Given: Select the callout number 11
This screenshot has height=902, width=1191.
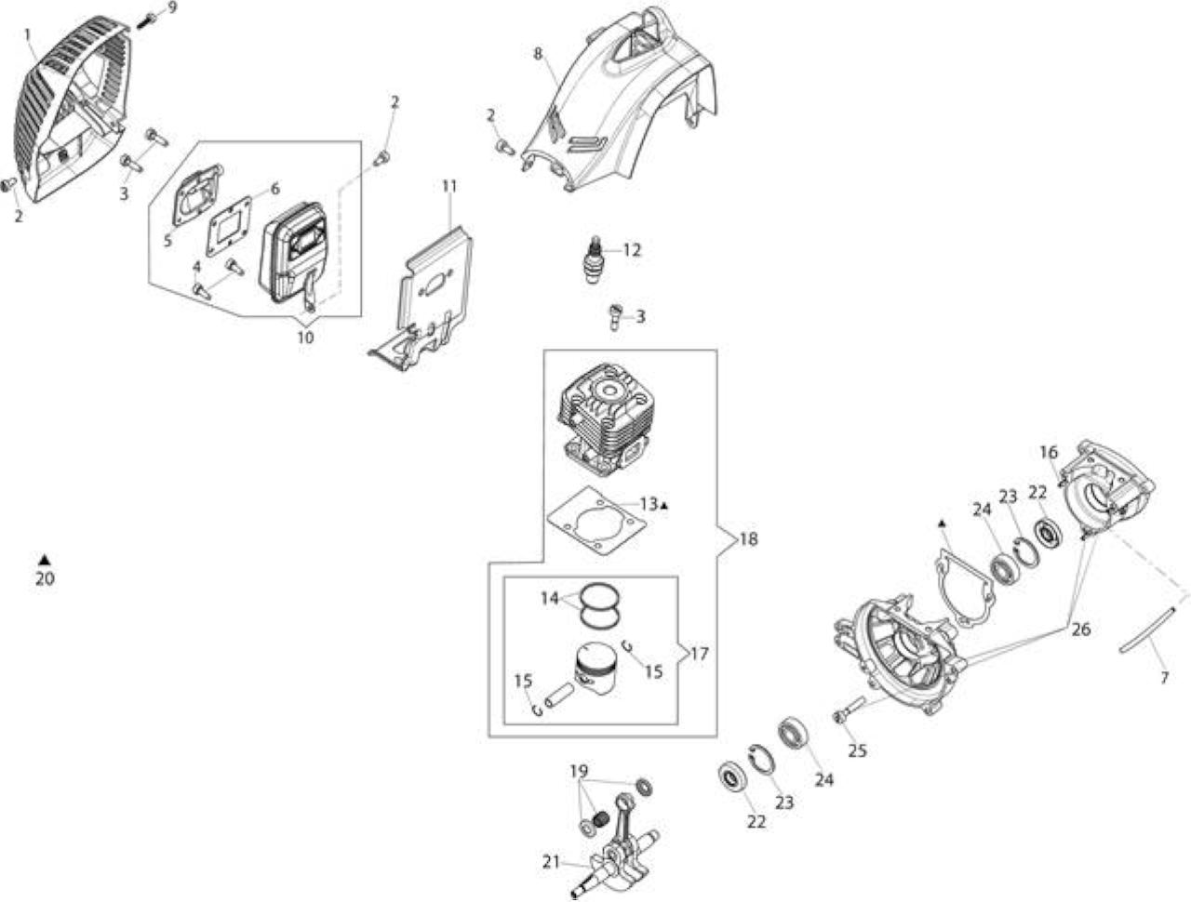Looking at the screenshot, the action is click(x=449, y=186).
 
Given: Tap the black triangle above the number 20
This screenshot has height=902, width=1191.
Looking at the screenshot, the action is click(x=45, y=559).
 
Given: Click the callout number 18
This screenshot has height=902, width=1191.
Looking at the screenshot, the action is click(x=748, y=539).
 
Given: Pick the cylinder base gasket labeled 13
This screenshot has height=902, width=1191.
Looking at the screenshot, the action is click(x=596, y=521).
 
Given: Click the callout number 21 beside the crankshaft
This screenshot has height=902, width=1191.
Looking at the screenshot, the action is click(x=551, y=862).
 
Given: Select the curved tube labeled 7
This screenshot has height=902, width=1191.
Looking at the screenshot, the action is click(x=1146, y=631).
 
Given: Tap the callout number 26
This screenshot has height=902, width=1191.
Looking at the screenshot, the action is click(x=1081, y=630).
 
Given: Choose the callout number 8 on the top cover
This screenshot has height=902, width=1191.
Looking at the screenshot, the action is click(x=538, y=54).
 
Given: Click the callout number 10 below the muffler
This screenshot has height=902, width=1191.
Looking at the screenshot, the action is click(x=305, y=338).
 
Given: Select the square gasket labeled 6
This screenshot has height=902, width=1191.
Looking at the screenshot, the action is click(x=230, y=227).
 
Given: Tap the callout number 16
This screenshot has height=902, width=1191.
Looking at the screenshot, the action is click(x=1049, y=452).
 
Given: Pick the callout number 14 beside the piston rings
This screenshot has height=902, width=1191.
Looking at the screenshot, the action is click(x=550, y=599).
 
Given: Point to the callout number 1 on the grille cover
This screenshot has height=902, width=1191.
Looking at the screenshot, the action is click(x=28, y=34).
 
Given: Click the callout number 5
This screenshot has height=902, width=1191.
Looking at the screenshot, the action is click(x=167, y=240).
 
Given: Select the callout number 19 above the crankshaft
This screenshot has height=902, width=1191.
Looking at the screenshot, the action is click(x=579, y=770).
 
